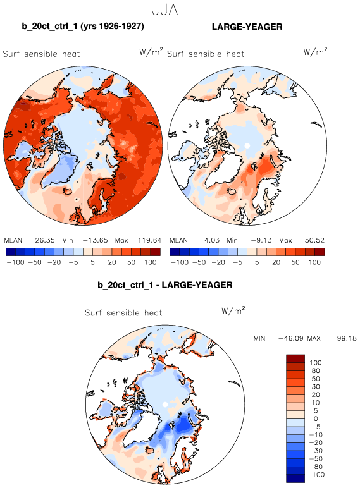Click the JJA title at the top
[x=165, y=9]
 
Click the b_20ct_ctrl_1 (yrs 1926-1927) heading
[x=83, y=26]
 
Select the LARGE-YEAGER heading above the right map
[x=247, y=27]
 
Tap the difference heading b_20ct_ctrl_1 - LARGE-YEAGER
[x=165, y=284]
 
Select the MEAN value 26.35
[x=45, y=240]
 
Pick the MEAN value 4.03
[x=212, y=240]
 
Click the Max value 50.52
[x=315, y=240]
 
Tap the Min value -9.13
[x=261, y=240]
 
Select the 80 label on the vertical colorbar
[x=316, y=370]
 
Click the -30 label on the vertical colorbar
[x=316, y=451]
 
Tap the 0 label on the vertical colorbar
[x=316, y=418]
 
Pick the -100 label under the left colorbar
[x=16, y=262]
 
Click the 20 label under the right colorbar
[x=276, y=262]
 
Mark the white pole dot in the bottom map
[x=165, y=405]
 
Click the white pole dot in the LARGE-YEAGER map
[x=247, y=145]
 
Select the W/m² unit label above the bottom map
[x=233, y=310]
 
